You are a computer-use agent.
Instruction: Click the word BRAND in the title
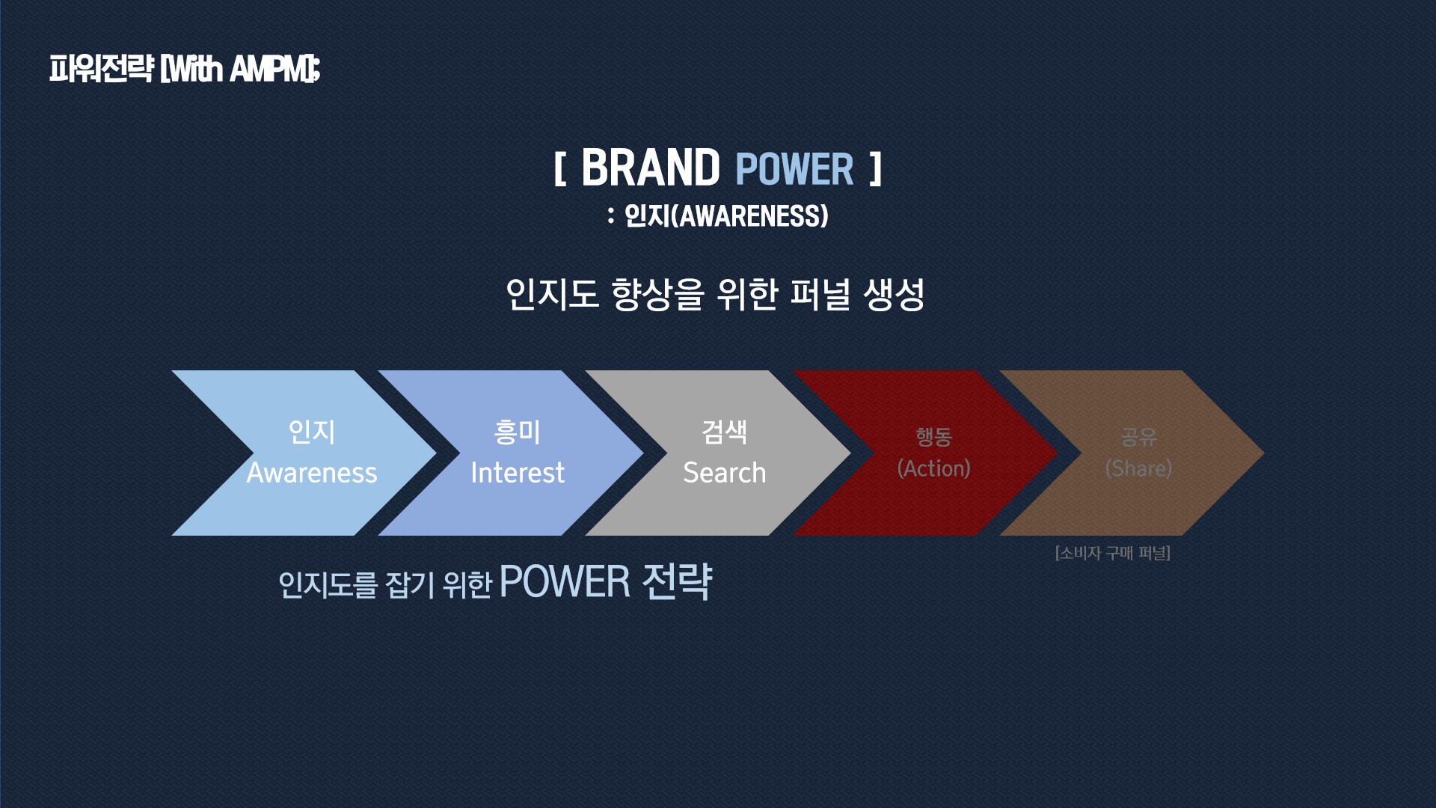tap(650, 168)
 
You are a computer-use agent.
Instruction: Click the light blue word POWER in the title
tap(794, 169)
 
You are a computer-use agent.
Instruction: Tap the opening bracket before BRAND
tap(559, 169)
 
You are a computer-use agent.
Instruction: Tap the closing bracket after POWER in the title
tap(876, 169)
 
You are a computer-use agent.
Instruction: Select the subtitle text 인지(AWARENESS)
tap(726, 216)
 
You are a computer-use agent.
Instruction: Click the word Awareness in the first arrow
tap(312, 473)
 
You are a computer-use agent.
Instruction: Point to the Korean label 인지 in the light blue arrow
tap(312, 432)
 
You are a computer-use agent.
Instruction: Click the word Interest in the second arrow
tap(518, 473)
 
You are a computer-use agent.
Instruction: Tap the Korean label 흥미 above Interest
tap(518, 432)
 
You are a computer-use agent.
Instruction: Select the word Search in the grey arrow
tap(725, 473)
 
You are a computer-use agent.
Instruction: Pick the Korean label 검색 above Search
tap(725, 432)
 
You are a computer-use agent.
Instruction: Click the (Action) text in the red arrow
tap(933, 468)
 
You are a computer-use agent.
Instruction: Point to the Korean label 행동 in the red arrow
tap(933, 436)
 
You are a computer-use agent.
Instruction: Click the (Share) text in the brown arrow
tap(1139, 468)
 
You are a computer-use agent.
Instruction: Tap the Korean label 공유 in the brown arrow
tap(1139, 436)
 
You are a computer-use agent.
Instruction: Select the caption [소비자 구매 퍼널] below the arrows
tap(1113, 553)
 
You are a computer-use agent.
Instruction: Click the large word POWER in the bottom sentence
tap(565, 582)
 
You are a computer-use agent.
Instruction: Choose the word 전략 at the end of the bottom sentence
tap(678, 581)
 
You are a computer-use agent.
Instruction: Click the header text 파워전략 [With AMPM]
tap(185, 69)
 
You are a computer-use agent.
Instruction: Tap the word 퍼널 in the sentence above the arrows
tap(820, 294)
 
